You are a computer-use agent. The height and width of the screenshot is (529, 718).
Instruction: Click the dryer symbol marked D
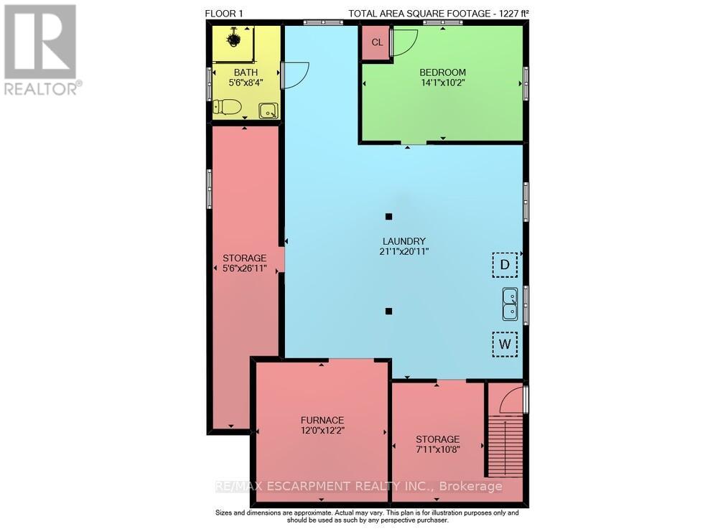[505, 264]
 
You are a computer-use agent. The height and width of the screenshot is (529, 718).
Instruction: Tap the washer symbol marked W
[505, 344]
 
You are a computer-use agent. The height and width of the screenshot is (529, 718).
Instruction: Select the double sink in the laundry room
[510, 304]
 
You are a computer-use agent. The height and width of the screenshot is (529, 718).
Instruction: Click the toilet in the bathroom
[228, 107]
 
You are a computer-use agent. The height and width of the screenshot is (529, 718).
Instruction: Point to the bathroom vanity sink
[268, 111]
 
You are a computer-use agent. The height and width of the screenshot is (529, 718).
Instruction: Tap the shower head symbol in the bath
[234, 39]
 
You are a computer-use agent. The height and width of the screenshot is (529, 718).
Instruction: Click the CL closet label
[377, 42]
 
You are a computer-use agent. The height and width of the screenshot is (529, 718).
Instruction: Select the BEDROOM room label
[442, 72]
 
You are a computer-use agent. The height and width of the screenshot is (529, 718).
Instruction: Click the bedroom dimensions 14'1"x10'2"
[443, 83]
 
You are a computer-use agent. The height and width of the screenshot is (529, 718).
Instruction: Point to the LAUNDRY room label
[404, 241]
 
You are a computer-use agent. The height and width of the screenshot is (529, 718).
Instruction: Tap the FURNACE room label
[322, 420]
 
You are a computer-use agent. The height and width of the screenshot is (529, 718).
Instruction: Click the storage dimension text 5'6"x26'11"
[245, 268]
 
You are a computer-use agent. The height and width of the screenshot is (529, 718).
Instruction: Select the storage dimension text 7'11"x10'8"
[438, 449]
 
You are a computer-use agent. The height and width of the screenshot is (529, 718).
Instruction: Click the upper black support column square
[388, 217]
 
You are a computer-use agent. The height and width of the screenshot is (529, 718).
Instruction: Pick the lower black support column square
[388, 312]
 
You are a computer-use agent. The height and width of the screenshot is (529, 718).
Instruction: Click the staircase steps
[504, 446]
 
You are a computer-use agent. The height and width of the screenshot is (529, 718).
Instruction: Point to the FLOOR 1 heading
[224, 14]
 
